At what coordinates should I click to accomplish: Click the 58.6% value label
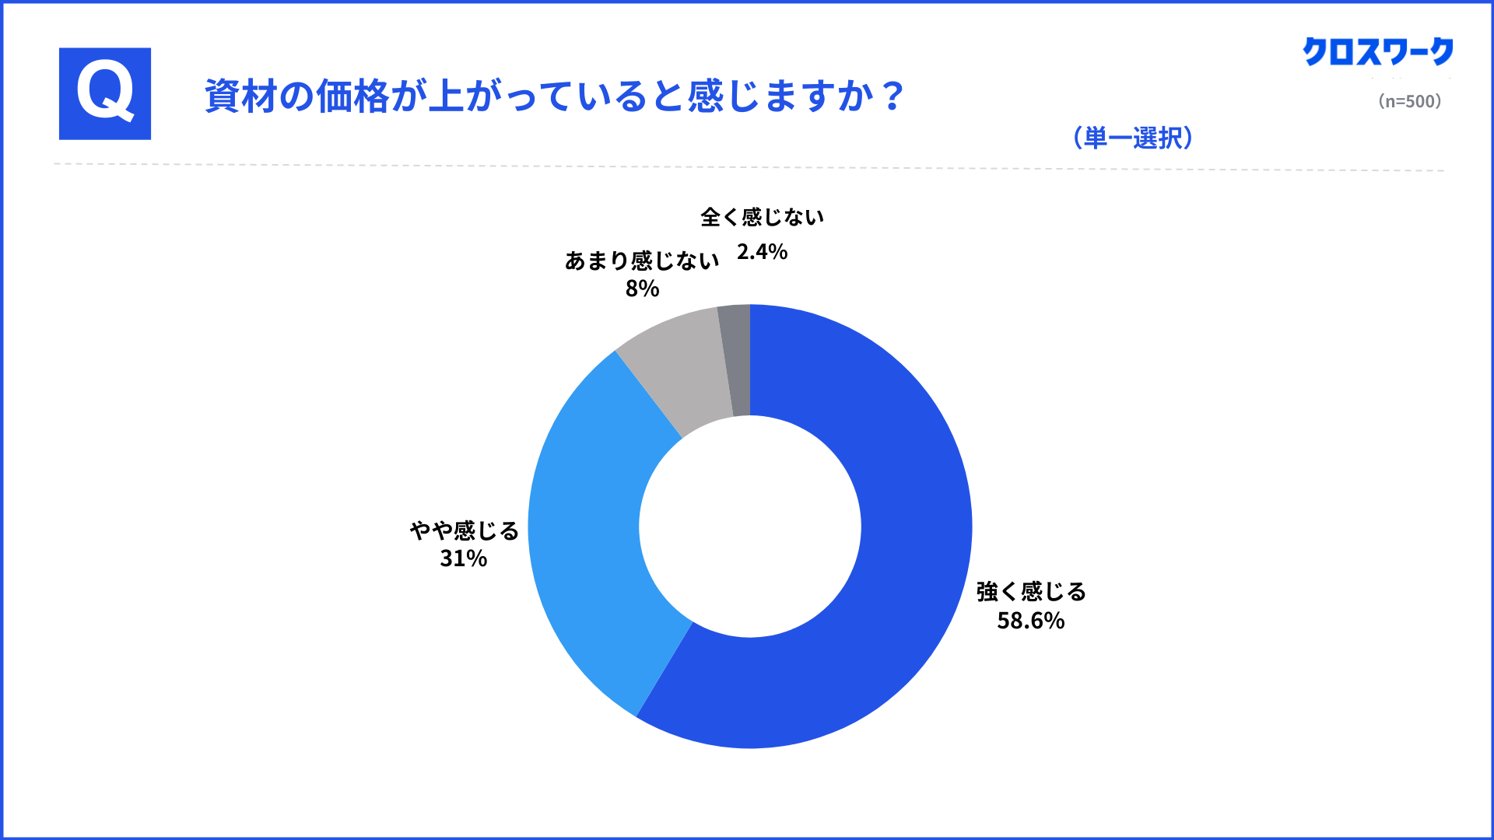point(1030,621)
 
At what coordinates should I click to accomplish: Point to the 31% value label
point(463,558)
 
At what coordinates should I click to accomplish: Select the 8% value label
point(642,289)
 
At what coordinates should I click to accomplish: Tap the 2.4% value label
point(762,252)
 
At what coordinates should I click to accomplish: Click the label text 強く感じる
point(1031,592)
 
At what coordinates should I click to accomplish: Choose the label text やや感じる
point(465,530)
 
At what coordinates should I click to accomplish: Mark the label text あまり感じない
point(642,261)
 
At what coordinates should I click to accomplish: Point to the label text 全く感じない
point(762,217)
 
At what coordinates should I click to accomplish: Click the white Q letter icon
point(105,93)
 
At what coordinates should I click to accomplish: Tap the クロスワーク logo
point(1377,52)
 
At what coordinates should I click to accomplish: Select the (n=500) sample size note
point(1409,101)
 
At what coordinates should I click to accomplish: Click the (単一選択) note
point(1133,138)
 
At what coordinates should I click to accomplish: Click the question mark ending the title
point(893,96)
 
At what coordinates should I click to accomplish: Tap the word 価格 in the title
point(352,96)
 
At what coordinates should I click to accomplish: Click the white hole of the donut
point(750,527)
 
